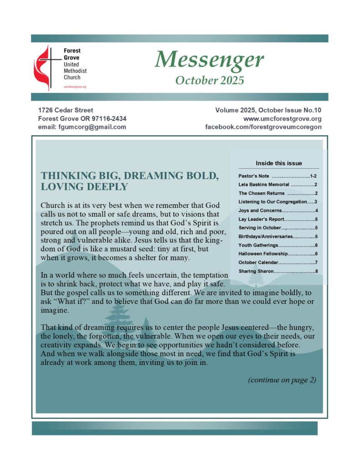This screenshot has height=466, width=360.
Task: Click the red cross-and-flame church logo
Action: (x=47, y=67)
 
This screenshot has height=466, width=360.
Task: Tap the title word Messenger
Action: (x=209, y=60)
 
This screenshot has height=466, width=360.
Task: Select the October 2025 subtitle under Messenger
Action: (x=209, y=81)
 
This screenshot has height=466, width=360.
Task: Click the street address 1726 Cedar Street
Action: (x=66, y=110)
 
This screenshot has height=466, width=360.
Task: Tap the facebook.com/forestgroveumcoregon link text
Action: (x=264, y=127)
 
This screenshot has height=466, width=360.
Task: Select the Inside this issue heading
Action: (x=279, y=163)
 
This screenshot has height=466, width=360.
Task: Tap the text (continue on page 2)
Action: (x=282, y=380)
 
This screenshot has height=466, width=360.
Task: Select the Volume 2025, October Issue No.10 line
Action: (x=268, y=110)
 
